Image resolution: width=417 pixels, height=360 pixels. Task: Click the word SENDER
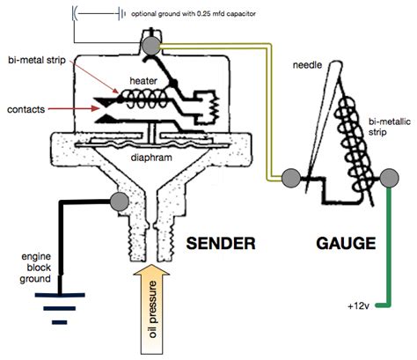point(221,244)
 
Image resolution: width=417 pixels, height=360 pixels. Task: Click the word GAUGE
point(346,244)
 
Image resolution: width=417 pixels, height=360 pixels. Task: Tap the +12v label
point(358,306)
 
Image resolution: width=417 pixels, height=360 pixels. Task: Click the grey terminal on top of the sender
point(151,46)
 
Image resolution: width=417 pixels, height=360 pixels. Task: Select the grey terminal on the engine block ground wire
point(120,202)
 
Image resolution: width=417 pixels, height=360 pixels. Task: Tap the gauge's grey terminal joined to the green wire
point(390,178)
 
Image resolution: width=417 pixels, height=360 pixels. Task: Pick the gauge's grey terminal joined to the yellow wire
point(291,178)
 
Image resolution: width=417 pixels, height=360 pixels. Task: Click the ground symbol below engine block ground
point(60,309)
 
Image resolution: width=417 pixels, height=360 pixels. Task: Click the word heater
point(143,81)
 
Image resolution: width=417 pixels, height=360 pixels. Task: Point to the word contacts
point(26,109)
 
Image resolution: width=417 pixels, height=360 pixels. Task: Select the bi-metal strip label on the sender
point(37,60)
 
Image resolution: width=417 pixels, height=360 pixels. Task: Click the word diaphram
point(151,158)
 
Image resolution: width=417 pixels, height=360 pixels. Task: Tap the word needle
point(307,65)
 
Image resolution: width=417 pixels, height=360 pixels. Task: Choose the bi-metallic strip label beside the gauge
point(390,127)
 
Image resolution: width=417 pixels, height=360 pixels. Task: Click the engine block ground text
point(35,268)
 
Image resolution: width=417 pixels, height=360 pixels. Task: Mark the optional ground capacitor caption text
point(194,14)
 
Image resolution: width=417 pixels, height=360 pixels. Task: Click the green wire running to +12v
point(389,246)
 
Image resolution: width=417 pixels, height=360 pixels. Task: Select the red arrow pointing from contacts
point(75,109)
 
